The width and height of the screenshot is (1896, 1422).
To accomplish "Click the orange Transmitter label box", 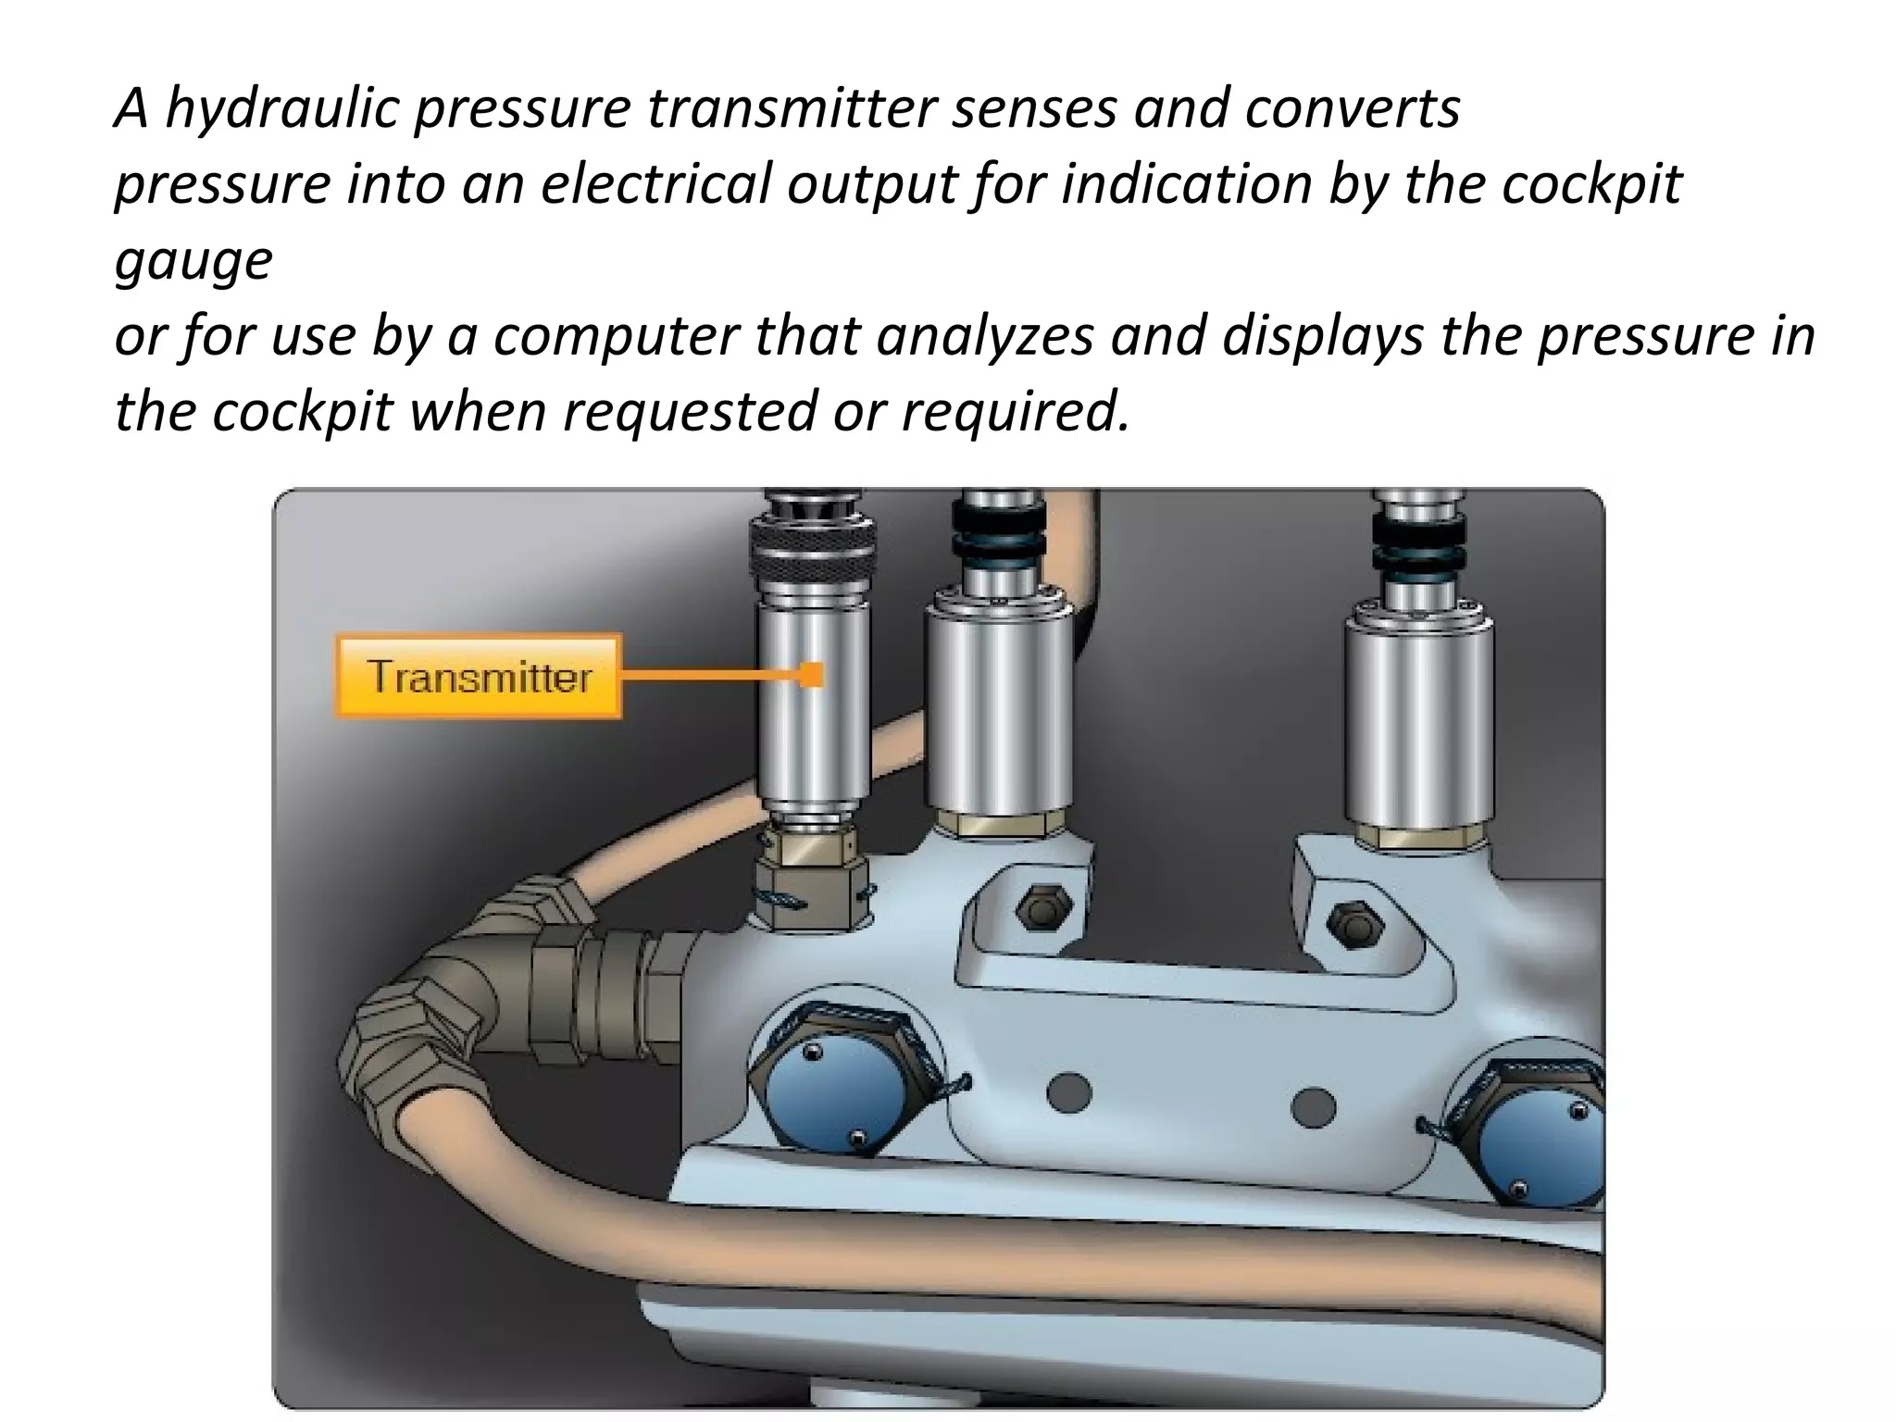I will [x=478, y=676].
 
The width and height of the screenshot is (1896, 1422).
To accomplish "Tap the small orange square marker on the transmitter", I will [x=811, y=675].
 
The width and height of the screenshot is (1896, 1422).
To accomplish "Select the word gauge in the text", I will [x=193, y=260].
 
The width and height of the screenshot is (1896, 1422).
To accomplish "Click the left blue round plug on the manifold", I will [x=833, y=1078].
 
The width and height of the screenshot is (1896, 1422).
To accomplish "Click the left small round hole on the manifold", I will [x=1069, y=1092].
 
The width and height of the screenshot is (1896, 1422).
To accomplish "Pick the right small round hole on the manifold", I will [x=1313, y=1105].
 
